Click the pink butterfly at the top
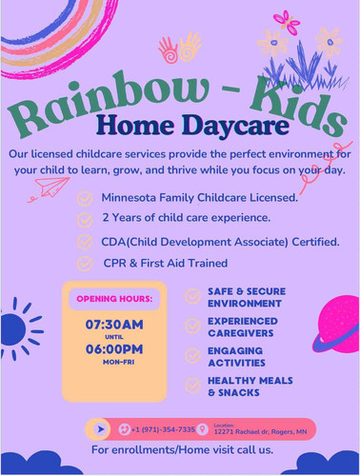tap(286, 21)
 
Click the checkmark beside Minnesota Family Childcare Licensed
tap(85, 199)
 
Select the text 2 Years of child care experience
tap(185, 220)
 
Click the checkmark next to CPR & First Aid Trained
tap(85, 263)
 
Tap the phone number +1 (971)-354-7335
tap(162, 429)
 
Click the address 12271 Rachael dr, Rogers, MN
tap(260, 432)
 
